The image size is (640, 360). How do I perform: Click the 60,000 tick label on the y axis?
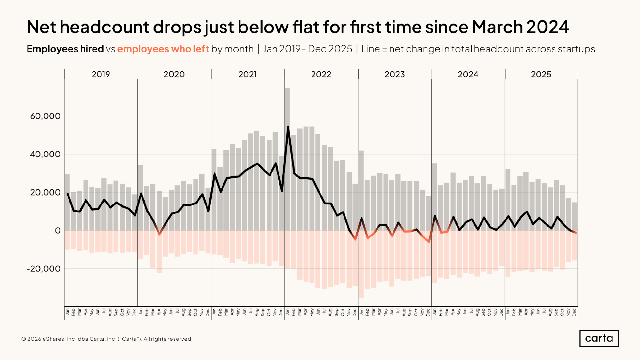click(x=45, y=116)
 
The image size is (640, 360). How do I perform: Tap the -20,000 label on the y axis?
click(x=44, y=269)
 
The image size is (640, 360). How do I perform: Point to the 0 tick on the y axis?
click(x=58, y=231)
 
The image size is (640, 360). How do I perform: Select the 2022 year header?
click(x=321, y=75)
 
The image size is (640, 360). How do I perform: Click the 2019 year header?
click(x=101, y=75)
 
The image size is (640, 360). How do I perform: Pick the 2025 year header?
click(x=541, y=75)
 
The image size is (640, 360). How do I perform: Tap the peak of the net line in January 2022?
click(x=288, y=127)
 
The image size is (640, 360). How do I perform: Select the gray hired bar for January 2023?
click(x=361, y=192)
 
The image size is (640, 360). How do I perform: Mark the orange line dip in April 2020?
click(x=159, y=234)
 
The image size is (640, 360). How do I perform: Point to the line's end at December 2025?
click(x=576, y=233)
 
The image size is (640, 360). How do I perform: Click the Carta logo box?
click(x=599, y=338)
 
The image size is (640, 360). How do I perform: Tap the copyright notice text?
click(x=107, y=339)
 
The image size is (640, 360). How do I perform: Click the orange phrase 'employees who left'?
click(x=163, y=49)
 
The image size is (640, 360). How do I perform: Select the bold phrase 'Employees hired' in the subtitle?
click(x=65, y=49)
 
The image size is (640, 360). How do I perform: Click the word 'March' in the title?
click(x=497, y=27)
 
